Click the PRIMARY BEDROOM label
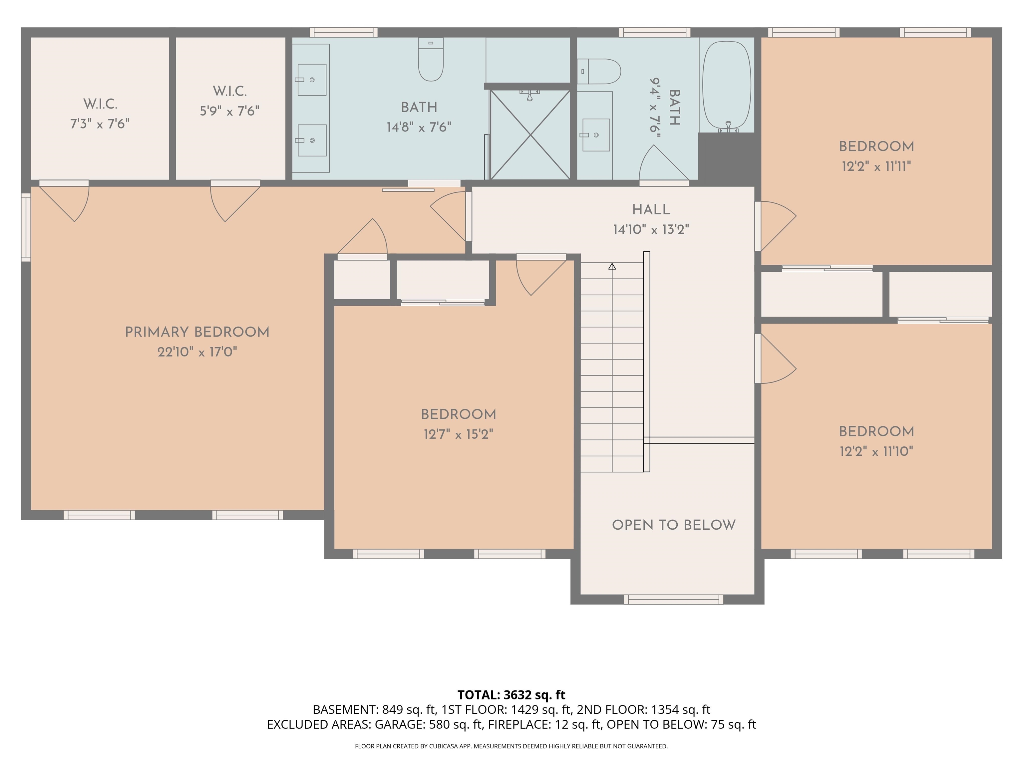point(197,332)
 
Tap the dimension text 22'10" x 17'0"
point(197,352)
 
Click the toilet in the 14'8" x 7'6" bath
point(431,60)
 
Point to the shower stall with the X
point(530,134)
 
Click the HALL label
point(651,209)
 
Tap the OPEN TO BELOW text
point(673,525)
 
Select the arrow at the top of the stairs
point(612,266)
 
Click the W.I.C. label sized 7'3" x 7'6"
point(100,104)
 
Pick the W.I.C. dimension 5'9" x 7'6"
point(229,111)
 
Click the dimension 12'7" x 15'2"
point(458,434)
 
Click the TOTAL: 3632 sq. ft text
point(511,695)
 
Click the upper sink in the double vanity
point(311,80)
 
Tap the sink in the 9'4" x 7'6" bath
point(596,135)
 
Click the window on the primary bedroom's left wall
point(26,227)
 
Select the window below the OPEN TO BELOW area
point(673,600)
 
